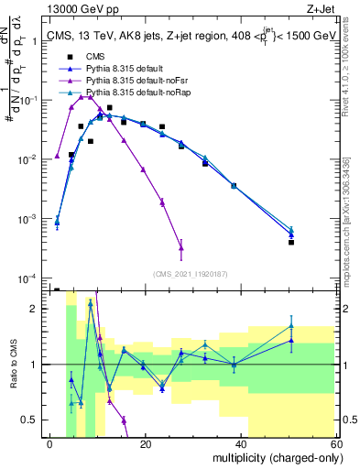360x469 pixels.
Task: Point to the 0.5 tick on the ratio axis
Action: pos(33,420)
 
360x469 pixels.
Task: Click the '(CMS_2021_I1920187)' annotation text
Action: pos(190,272)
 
